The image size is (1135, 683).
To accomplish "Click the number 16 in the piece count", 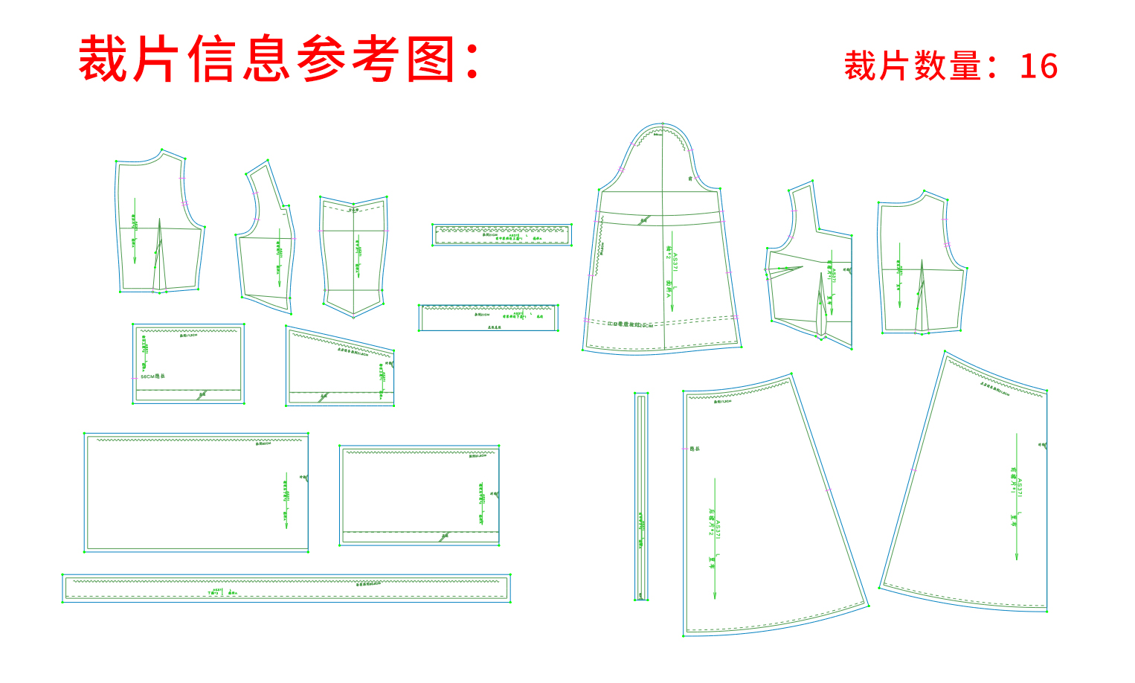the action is tap(1038, 66).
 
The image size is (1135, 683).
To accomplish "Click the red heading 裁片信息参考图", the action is tap(279, 59).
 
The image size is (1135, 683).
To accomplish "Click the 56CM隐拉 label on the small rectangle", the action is tap(152, 376).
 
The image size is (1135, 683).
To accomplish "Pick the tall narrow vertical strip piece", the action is tap(641, 496).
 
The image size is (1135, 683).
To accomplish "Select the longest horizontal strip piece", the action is tap(286, 588).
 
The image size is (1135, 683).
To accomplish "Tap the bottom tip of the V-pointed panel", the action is tap(354, 316).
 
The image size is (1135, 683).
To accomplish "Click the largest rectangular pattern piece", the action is tap(196, 492).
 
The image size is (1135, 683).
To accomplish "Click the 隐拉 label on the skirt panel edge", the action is tap(695, 449).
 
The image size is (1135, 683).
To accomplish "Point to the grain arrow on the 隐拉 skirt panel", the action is tap(715, 536).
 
